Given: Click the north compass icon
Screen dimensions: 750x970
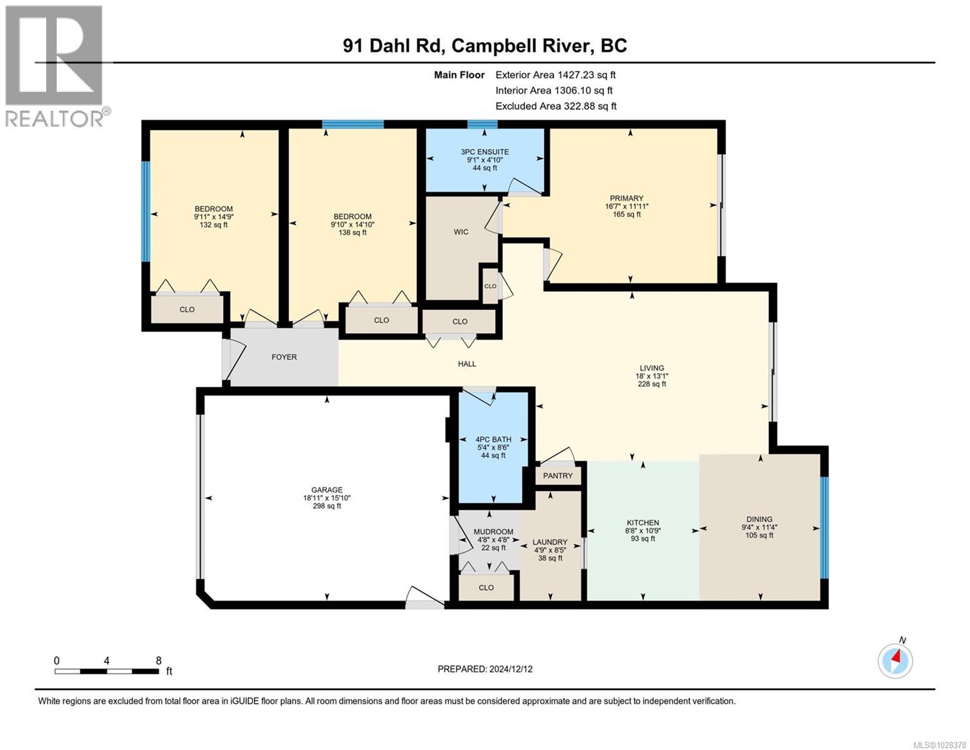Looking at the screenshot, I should pos(895,660).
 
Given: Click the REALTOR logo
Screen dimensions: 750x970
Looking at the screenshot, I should pos(54,66).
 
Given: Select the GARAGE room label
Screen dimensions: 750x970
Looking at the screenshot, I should pos(327,490).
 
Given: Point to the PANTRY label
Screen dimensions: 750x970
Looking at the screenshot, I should pos(558,476).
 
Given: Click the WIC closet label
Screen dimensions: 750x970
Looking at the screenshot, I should pos(461,232).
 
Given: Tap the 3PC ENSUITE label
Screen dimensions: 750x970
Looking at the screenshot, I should pos(485,152).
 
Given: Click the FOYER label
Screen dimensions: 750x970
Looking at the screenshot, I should pos(284,357).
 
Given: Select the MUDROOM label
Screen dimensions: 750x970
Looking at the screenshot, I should pos(493,532).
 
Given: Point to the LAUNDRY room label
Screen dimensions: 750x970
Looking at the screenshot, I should pos(550,542).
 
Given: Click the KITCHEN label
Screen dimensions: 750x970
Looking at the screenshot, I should pos(643,522).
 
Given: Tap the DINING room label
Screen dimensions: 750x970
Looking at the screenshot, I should pos(759,519).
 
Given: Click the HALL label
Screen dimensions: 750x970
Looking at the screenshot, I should pos(467,364).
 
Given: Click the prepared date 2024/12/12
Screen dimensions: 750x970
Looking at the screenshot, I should pos(485,669).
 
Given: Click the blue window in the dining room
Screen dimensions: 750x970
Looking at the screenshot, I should pos(824,527).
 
